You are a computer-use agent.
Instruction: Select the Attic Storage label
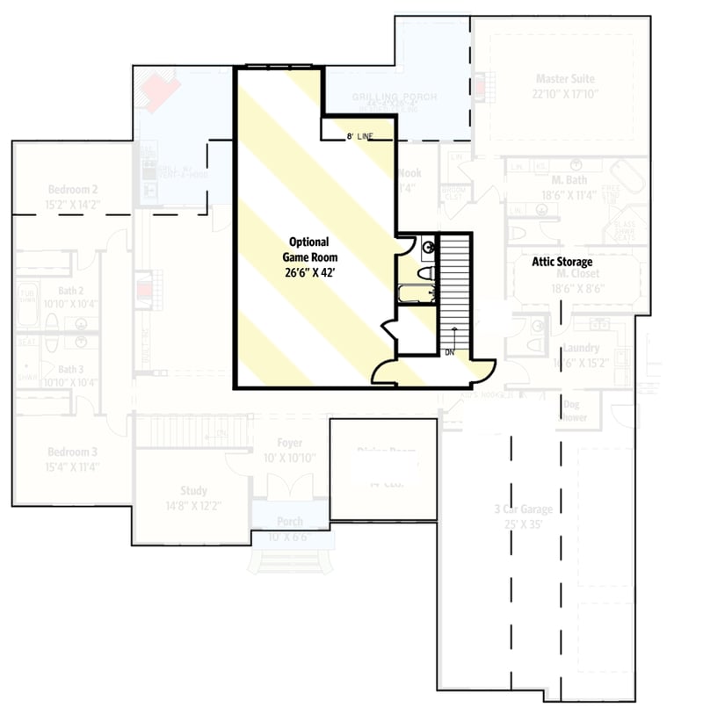pyautogui.click(x=562, y=262)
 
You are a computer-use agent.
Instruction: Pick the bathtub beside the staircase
pyautogui.click(x=416, y=293)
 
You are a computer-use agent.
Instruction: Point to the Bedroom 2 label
pyautogui.click(x=72, y=190)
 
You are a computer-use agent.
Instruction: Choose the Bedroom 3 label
pyautogui.click(x=72, y=451)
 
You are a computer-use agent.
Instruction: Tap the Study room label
pyautogui.click(x=193, y=491)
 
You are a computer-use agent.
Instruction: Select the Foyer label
pyautogui.click(x=289, y=444)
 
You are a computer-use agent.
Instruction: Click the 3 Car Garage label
pyautogui.click(x=523, y=509)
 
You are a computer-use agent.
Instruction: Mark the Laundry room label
pyautogui.click(x=580, y=349)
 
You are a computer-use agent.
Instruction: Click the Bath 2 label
pyautogui.click(x=72, y=291)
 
